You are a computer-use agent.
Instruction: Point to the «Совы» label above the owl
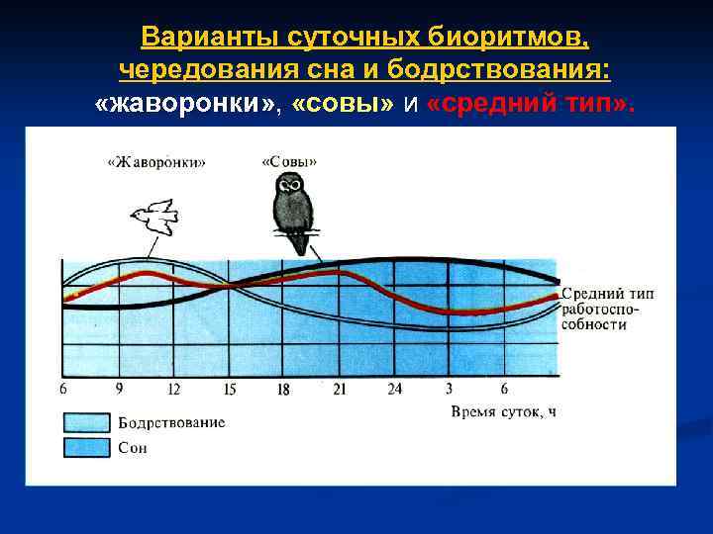click(x=289, y=161)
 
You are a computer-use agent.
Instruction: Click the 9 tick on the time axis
click(x=119, y=389)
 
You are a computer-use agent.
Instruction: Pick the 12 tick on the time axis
click(x=174, y=389)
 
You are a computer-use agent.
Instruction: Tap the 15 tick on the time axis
click(x=229, y=389)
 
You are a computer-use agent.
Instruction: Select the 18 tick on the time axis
click(x=284, y=389)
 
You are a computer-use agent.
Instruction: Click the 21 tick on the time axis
click(x=340, y=389)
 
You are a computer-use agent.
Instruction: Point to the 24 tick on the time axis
click(x=394, y=389)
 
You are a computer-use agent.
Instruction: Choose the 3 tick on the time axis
click(x=450, y=389)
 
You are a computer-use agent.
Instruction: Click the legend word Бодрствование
click(x=172, y=423)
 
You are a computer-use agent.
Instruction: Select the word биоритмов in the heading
click(x=501, y=38)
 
